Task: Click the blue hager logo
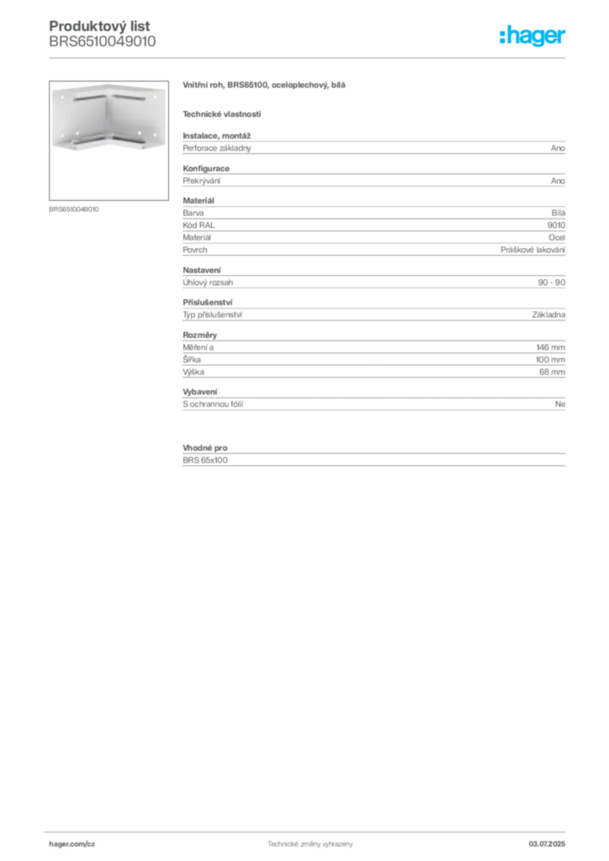(x=533, y=36)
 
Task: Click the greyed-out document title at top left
(x=101, y=34)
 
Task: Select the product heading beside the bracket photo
(x=264, y=87)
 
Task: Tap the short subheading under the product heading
(x=222, y=114)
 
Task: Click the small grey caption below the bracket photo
(x=74, y=209)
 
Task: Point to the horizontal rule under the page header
(x=310, y=57)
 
